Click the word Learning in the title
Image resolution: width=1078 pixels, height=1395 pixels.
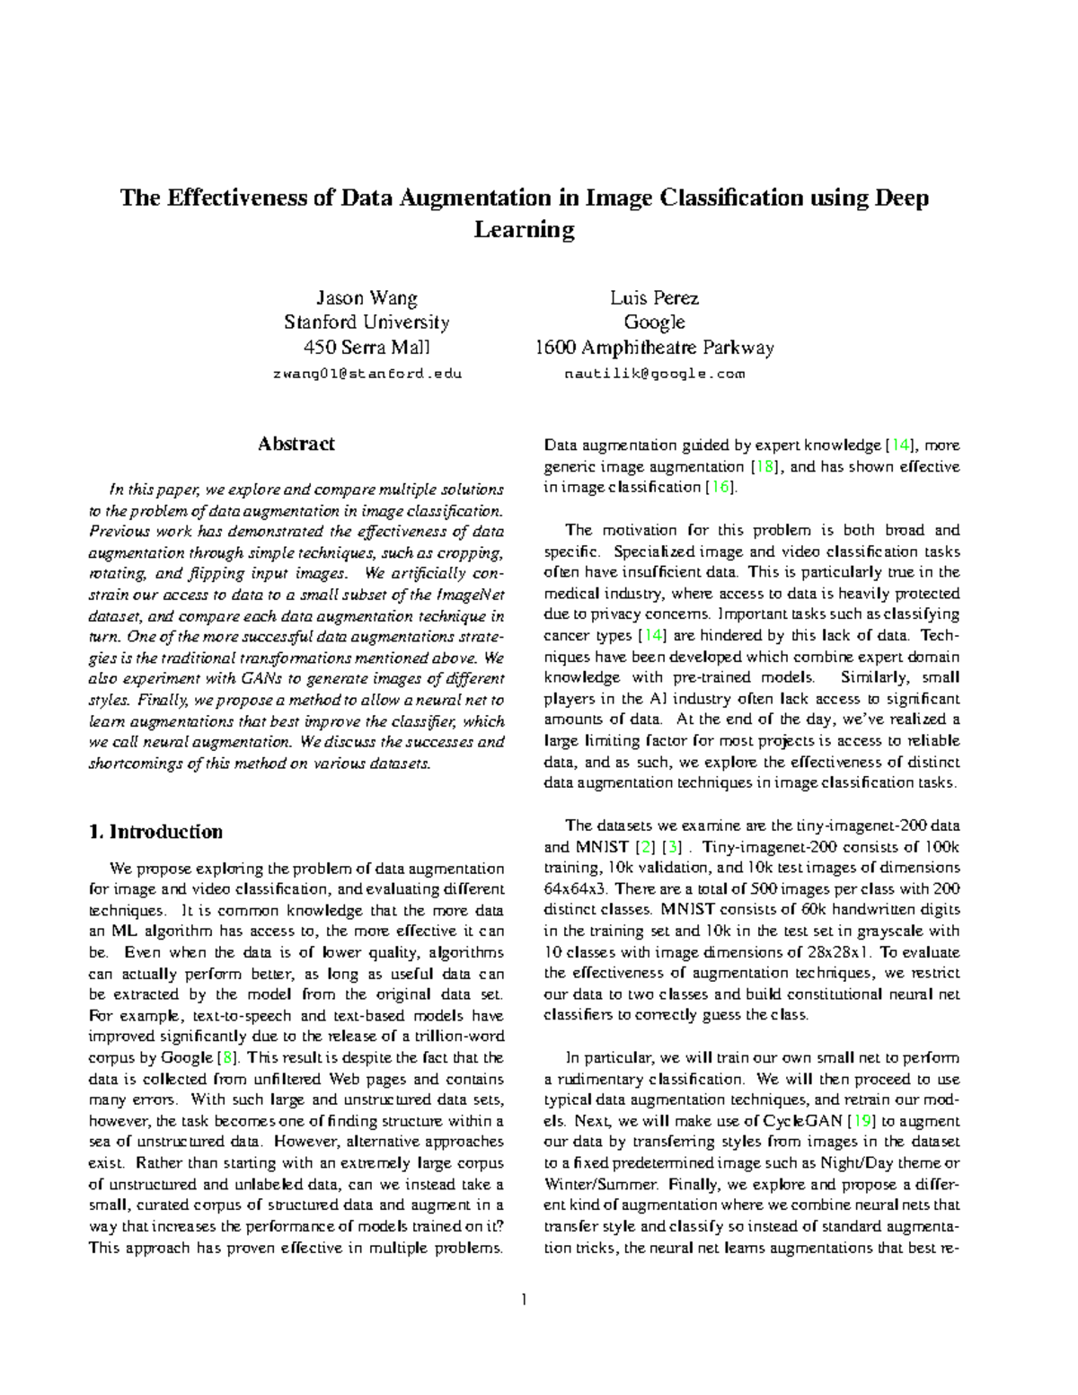pyautogui.click(x=524, y=231)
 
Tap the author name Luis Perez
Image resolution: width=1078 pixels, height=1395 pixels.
pyautogui.click(x=654, y=297)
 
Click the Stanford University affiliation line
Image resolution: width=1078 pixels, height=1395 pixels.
pyautogui.click(x=366, y=322)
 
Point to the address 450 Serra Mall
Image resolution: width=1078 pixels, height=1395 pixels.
pyautogui.click(x=366, y=348)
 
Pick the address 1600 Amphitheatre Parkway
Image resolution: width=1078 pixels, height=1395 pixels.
pyautogui.click(x=654, y=348)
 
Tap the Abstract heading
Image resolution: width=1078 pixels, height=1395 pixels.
pyautogui.click(x=296, y=444)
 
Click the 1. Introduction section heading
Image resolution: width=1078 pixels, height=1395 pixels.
pyautogui.click(x=156, y=832)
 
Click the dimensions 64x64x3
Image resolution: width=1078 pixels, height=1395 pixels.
pyautogui.click(x=576, y=889)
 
